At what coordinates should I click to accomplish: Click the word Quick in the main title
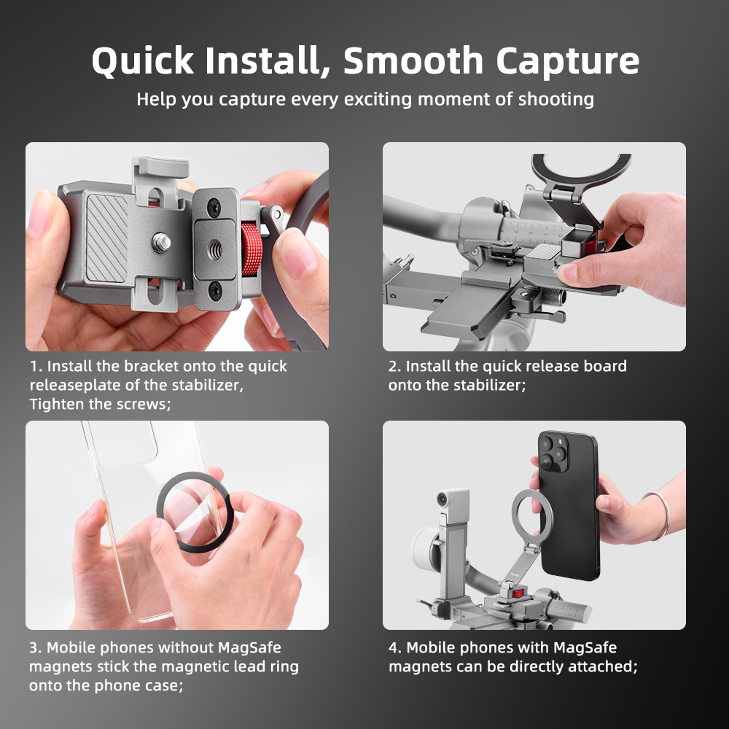(x=143, y=61)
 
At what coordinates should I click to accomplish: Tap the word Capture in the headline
(x=568, y=62)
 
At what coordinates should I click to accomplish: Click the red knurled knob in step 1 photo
(x=252, y=249)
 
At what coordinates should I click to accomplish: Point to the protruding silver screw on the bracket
(x=161, y=242)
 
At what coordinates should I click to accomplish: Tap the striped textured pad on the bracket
(x=106, y=238)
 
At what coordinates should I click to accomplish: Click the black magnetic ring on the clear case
(x=195, y=512)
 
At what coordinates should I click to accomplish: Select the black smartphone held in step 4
(x=569, y=505)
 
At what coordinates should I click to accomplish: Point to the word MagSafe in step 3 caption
(x=249, y=647)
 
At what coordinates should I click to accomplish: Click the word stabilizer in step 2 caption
(x=489, y=386)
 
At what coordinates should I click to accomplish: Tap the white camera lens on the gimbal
(x=443, y=499)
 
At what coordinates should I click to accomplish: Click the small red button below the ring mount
(x=518, y=593)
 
